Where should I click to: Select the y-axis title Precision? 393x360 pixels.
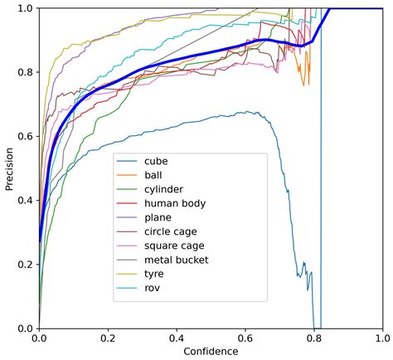pos(9,168)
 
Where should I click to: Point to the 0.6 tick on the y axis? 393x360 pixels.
pos(25,136)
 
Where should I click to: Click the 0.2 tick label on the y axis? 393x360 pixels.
pos(25,265)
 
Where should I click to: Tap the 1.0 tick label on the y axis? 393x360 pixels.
pos(25,8)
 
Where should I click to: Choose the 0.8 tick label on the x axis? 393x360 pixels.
pos(314,338)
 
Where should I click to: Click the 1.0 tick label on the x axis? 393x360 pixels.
pos(382,338)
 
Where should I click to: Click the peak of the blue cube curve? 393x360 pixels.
pos(246,112)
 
